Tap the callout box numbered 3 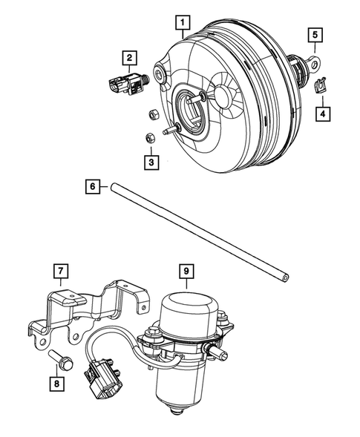coord(151,161)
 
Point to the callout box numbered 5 coord(315,34)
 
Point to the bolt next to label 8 coord(62,361)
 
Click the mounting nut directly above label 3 coord(149,137)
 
